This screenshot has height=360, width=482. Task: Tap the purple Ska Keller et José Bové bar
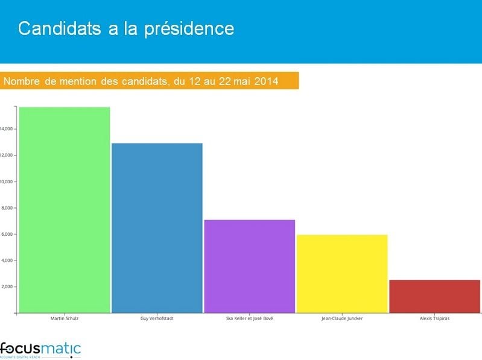point(250,266)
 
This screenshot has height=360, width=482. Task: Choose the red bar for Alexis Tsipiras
point(434,296)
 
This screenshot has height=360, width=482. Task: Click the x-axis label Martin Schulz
point(65,318)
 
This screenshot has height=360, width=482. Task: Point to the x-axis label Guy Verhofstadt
point(157,318)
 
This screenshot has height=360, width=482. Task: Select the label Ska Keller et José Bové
point(250,318)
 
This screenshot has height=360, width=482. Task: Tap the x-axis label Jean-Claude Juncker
point(342,318)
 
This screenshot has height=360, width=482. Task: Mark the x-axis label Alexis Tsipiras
point(434,318)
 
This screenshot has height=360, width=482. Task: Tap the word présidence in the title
point(189,28)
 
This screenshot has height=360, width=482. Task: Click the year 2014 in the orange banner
point(266,81)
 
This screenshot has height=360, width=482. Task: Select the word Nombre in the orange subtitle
point(22,81)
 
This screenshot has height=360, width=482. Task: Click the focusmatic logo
point(40,349)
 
